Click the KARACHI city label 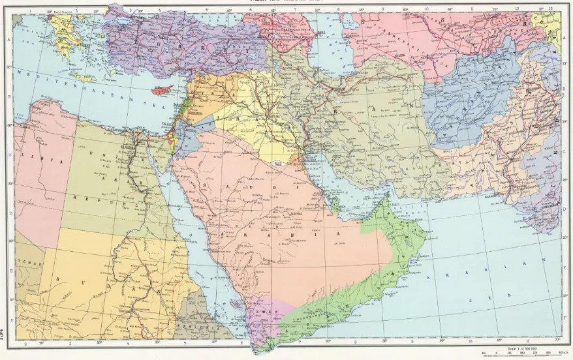[488, 192]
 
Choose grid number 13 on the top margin [551, 8]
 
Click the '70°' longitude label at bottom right [556, 340]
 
